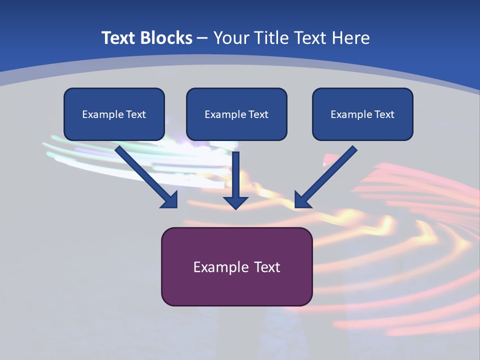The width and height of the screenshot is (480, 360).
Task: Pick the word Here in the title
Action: click(350, 38)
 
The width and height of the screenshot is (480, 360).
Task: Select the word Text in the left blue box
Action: click(135, 114)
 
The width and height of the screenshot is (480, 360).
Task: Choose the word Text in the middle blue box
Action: click(258, 114)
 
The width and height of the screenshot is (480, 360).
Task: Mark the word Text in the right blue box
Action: click(384, 114)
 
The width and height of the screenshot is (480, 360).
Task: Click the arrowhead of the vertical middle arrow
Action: click(235, 202)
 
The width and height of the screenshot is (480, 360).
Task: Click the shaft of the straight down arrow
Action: click(235, 172)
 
